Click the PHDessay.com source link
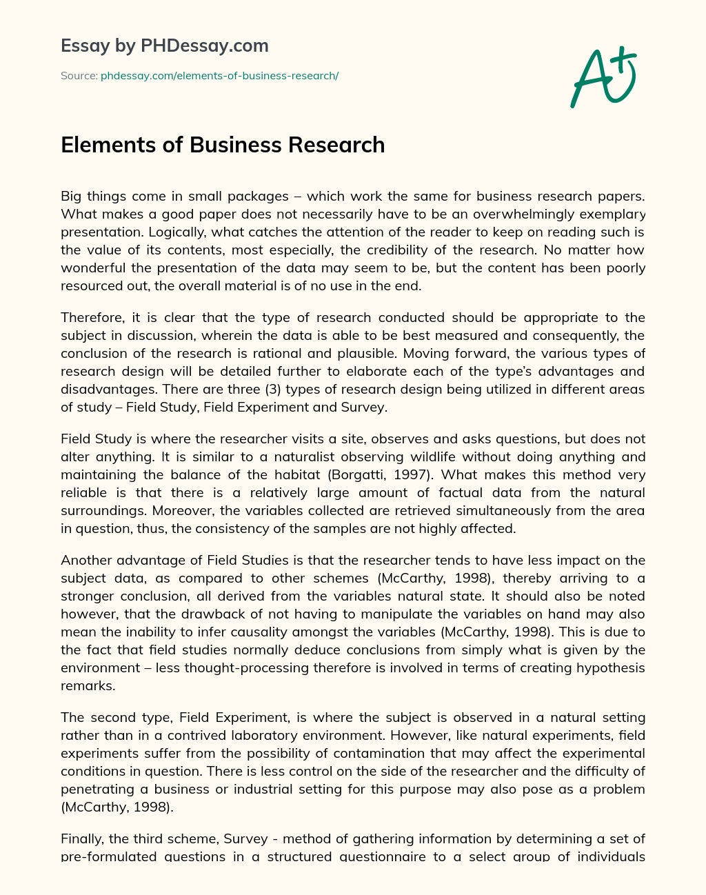219,76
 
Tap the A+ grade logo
603,77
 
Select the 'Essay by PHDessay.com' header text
165,46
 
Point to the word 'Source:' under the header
79,76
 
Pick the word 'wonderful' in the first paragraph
92,268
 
